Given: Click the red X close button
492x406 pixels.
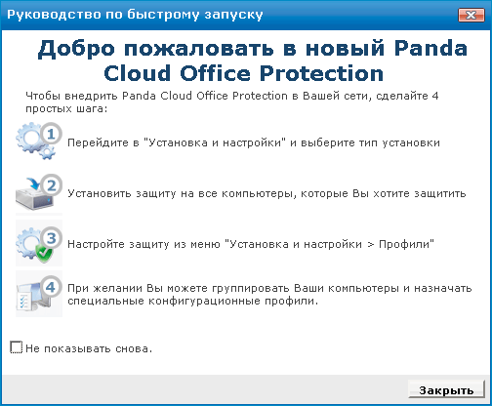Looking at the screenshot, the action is click(471, 15).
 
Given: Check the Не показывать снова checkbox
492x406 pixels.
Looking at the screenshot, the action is click(17, 347).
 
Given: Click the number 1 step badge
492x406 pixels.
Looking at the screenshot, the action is click(51, 134).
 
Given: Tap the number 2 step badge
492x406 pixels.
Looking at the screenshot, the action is click(51, 185).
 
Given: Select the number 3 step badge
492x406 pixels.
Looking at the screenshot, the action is click(51, 238).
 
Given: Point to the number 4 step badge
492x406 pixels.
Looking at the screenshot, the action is click(51, 287).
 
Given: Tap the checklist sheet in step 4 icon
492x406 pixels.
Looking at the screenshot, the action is click(24, 301).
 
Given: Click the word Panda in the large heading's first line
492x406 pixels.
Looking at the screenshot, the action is click(430, 49).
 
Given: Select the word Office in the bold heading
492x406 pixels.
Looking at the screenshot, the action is click(215, 73).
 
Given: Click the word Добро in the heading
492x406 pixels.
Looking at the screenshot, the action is click(76, 50).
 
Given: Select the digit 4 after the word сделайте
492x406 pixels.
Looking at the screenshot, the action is click(435, 96).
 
